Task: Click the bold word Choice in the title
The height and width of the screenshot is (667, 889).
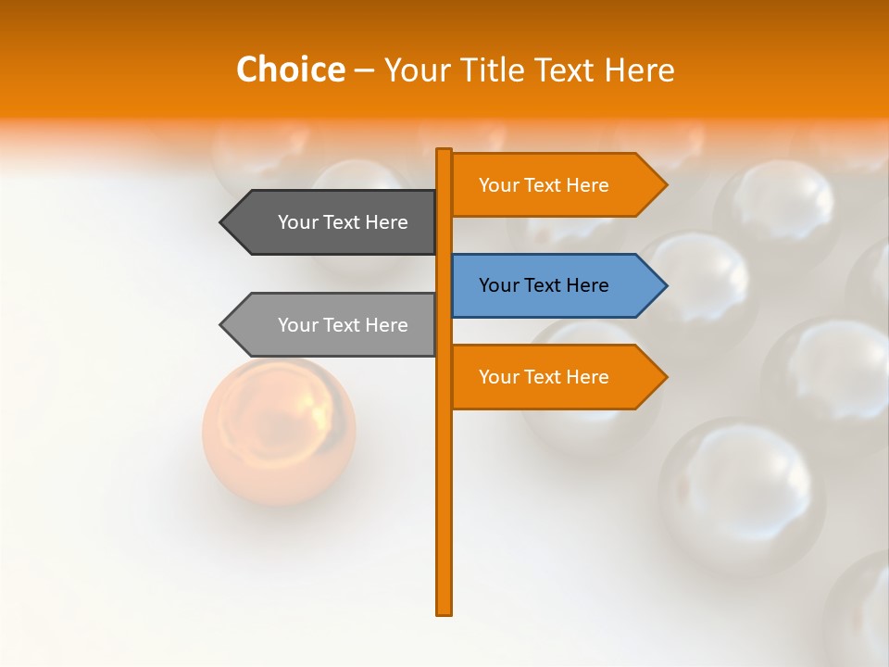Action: [290, 69]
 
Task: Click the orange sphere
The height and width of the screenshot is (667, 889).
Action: [279, 431]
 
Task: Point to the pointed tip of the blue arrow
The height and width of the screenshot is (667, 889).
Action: [665, 285]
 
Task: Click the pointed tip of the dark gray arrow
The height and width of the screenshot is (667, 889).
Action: [222, 222]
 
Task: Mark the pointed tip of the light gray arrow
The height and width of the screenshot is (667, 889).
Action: [222, 324]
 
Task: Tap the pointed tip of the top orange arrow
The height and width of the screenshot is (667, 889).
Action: [665, 185]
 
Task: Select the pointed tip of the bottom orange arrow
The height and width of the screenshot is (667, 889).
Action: [665, 377]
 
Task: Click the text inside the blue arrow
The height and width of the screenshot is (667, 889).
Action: [544, 285]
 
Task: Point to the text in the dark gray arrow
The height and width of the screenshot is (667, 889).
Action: [343, 222]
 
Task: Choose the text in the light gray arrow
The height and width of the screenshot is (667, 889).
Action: [343, 325]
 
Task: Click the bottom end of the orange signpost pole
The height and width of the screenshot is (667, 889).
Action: [444, 611]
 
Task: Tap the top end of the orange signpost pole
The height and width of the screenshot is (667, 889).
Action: [444, 151]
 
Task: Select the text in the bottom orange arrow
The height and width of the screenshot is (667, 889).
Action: [544, 377]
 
